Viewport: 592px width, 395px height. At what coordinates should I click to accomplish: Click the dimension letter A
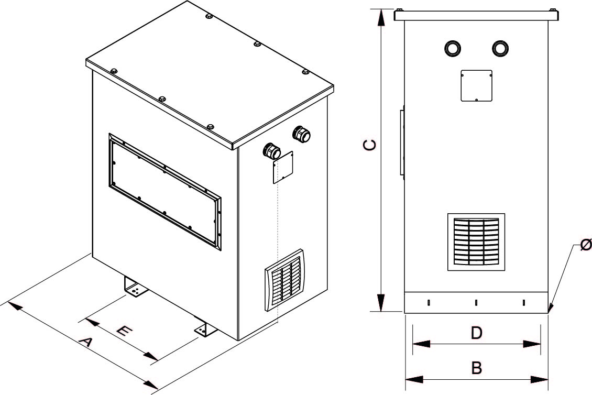(x=86, y=344)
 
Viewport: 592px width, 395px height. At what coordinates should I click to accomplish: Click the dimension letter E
(x=124, y=331)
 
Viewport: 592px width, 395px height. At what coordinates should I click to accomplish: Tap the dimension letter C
(x=370, y=145)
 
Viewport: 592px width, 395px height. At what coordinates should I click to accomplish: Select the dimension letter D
(x=476, y=333)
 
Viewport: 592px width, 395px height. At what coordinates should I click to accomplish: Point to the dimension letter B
(x=476, y=368)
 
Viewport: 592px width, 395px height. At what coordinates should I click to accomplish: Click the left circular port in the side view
(x=452, y=48)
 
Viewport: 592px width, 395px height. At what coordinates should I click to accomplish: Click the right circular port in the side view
(x=500, y=48)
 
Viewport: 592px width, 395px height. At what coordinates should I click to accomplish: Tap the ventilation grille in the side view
(x=476, y=242)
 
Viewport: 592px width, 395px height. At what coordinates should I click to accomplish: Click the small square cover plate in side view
(x=476, y=85)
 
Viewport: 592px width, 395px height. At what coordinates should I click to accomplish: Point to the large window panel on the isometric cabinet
(x=165, y=190)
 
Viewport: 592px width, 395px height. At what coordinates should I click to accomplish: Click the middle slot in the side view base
(x=476, y=302)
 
